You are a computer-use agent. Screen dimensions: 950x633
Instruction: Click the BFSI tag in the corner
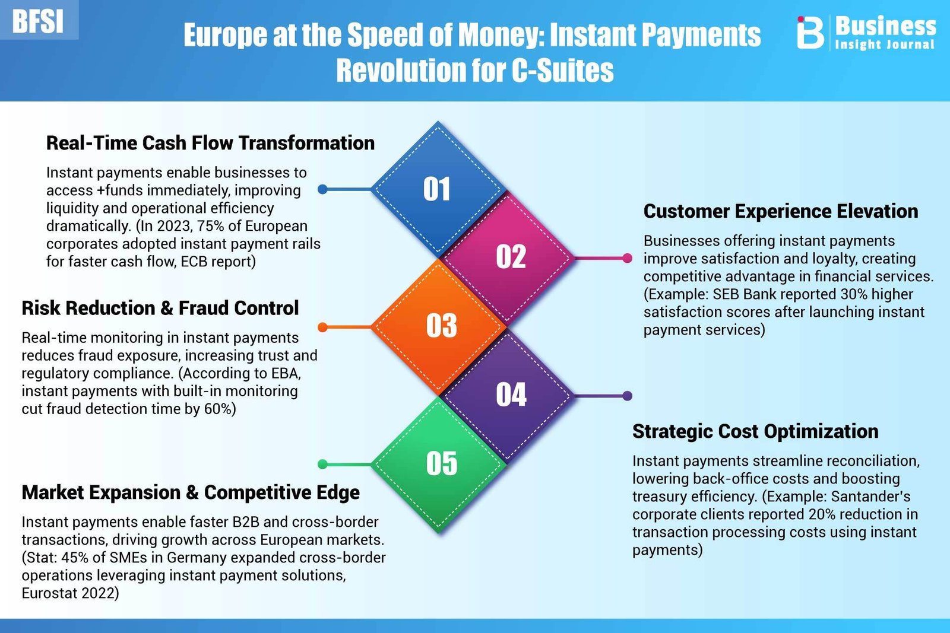coord(38,21)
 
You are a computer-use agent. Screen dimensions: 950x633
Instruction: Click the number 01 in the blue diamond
coord(437,189)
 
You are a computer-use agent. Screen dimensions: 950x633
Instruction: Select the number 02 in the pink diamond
coord(511,257)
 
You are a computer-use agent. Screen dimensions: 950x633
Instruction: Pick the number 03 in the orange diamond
coord(442,325)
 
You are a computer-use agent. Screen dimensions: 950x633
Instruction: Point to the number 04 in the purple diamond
coord(511,395)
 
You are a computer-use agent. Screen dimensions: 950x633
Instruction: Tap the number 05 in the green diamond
coord(442,463)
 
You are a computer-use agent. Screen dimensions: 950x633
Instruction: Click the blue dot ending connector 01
coord(323,189)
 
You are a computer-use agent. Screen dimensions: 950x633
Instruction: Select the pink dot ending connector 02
coord(627,258)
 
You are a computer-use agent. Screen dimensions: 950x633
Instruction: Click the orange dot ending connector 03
coord(323,327)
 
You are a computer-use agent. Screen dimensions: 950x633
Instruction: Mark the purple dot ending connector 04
coord(627,396)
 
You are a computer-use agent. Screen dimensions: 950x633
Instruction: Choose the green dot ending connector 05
coord(323,465)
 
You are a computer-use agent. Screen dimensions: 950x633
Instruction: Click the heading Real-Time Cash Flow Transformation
coord(210,143)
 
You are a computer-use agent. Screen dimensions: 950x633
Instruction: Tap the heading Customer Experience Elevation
coord(781,211)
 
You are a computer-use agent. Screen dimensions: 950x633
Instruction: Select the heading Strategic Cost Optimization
coord(755,431)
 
